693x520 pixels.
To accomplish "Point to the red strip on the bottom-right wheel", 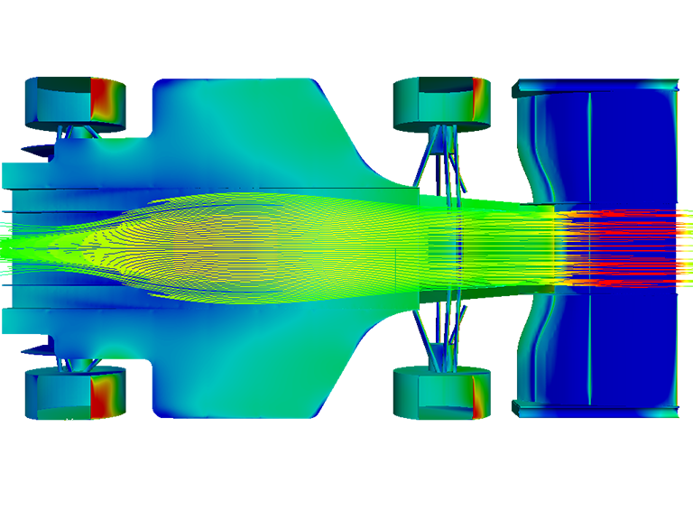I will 478,397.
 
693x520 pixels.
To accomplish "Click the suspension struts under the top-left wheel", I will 79,132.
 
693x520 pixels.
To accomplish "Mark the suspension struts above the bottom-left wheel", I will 79,365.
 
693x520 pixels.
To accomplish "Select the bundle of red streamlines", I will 623,248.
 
